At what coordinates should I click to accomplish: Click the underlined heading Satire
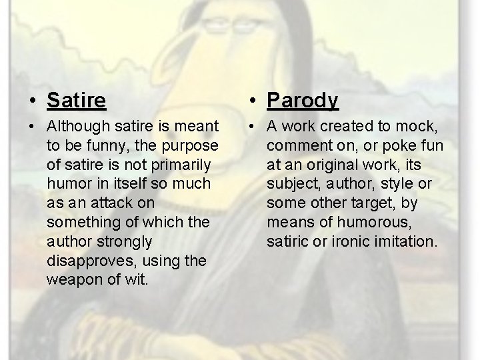pyautogui.click(x=76, y=101)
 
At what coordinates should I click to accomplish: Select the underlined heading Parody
pyautogui.click(x=303, y=101)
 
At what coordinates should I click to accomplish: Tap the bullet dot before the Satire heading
pyautogui.click(x=33, y=101)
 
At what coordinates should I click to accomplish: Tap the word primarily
pyautogui.click(x=179, y=164)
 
